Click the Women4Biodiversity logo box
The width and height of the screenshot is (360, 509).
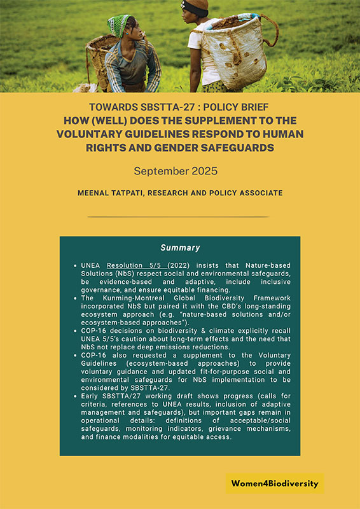pos(275,484)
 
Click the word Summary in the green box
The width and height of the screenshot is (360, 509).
pos(180,248)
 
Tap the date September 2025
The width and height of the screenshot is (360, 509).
pos(179,171)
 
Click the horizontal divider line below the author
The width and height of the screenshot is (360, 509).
pos(179,217)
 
